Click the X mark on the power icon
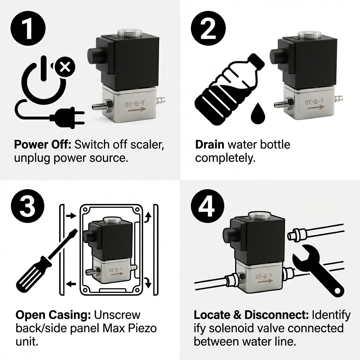64,66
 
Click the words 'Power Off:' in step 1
43,145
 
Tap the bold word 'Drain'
210,145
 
